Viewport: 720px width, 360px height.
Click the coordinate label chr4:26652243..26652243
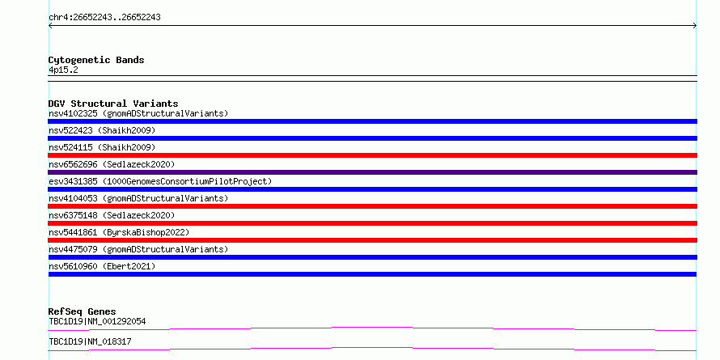click(x=104, y=18)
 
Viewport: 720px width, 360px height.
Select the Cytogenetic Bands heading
click(x=96, y=60)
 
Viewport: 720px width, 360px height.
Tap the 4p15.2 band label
click(x=63, y=70)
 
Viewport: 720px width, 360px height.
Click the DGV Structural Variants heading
click(x=113, y=104)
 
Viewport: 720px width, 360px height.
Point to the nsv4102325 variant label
click(x=138, y=113)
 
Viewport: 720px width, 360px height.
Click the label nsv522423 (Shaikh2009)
click(x=102, y=130)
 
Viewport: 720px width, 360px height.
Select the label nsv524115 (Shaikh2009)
click(x=102, y=147)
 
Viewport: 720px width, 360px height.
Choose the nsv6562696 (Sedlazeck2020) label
click(x=112, y=164)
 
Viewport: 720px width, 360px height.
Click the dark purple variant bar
click(x=372, y=172)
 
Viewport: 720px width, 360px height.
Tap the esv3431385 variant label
click(x=160, y=181)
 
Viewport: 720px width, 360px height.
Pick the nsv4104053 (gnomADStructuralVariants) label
click(x=138, y=198)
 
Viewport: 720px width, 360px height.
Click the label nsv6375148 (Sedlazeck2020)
click(x=112, y=215)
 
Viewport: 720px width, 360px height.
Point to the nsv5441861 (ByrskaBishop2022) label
click(x=119, y=232)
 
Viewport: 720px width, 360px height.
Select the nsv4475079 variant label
click(x=138, y=249)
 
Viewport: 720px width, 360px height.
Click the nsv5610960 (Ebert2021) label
click(x=102, y=266)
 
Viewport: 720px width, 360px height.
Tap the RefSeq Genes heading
click(x=83, y=311)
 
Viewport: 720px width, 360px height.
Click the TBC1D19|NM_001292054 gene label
click(x=97, y=321)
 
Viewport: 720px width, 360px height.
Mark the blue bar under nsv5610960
click(x=372, y=274)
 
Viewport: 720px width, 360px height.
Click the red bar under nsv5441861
click(x=372, y=240)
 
